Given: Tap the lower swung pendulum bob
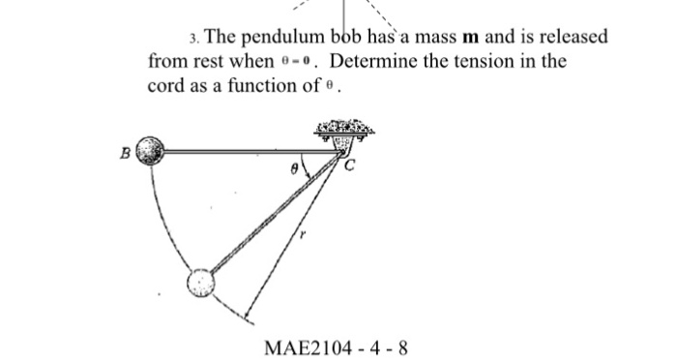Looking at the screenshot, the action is [x=200, y=282].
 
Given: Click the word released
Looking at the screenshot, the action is [x=570, y=38].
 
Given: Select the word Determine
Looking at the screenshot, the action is [x=384, y=61].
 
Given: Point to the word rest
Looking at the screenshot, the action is [x=203, y=61].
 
